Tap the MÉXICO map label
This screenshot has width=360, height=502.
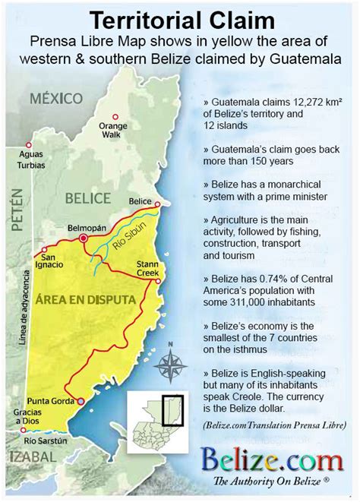pos(57,98)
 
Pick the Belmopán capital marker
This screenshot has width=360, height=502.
pos(84,238)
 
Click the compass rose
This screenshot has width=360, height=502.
pos(172,364)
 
